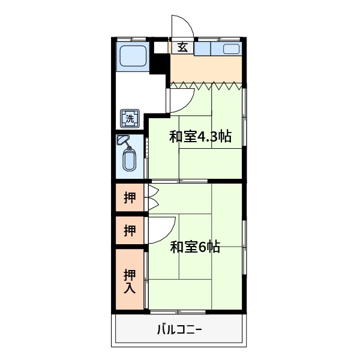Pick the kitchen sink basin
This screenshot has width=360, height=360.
click(x=232, y=49)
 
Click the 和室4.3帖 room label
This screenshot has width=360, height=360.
click(x=200, y=136)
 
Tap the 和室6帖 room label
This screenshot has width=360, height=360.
click(x=194, y=246)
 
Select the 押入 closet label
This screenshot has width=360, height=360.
click(x=130, y=281)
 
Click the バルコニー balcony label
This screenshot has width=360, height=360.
click(x=179, y=329)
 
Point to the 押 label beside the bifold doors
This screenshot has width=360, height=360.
click(x=130, y=197)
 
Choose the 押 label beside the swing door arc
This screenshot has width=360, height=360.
click(x=130, y=230)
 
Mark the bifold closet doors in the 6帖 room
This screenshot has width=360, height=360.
click(x=152, y=197)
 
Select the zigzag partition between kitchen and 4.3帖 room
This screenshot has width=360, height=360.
click(x=207, y=85)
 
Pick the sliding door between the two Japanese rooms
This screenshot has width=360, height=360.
click(x=180, y=181)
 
